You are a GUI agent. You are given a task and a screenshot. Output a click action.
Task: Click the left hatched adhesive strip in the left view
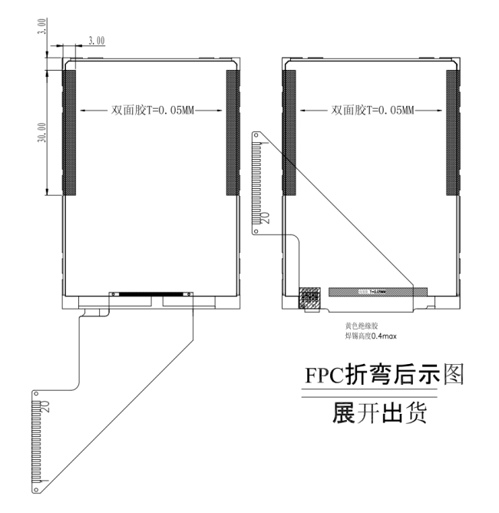[x=69, y=131]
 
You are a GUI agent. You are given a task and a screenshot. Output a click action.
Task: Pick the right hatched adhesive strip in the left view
[x=232, y=131]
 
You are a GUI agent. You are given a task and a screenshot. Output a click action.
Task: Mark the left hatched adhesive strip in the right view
[x=290, y=131]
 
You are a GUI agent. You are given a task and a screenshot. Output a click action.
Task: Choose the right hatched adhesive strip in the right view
[x=452, y=131]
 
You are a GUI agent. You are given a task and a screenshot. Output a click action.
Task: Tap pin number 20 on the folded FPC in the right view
[x=266, y=217]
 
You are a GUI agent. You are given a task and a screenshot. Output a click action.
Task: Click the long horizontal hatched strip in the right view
[x=377, y=292]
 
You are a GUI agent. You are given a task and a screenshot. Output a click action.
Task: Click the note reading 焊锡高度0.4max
[x=371, y=336]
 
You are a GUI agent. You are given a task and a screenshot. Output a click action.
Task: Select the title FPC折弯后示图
[x=384, y=376]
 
